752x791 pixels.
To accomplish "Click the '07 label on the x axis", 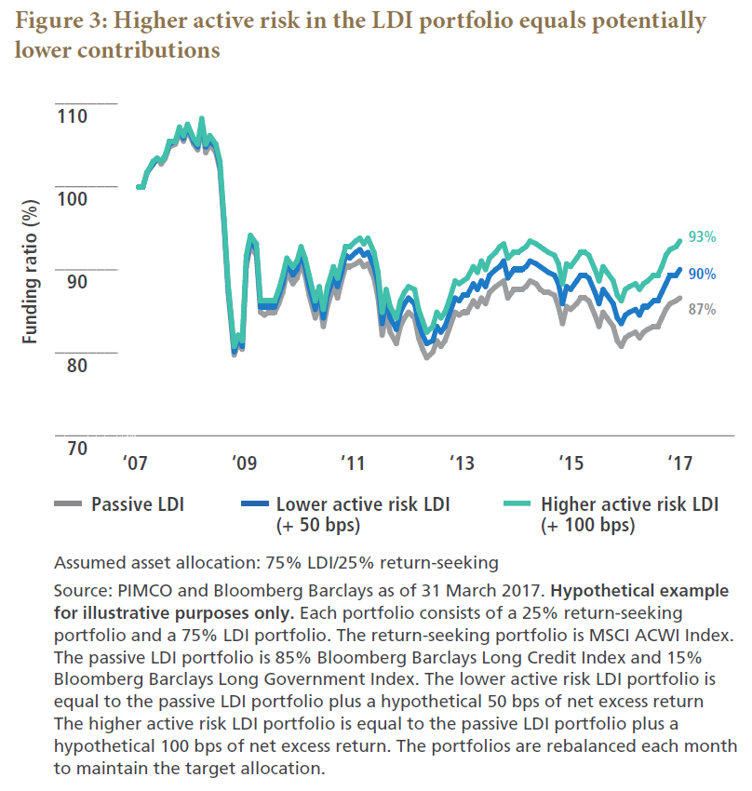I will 136,463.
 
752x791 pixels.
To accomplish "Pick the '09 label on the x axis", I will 244,463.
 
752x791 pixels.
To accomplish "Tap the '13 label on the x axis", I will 461,463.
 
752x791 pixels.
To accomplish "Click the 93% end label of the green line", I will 702,237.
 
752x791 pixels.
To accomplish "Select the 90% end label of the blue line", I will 702,274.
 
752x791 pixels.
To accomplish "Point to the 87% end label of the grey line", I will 702,310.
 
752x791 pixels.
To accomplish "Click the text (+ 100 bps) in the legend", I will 586,525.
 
